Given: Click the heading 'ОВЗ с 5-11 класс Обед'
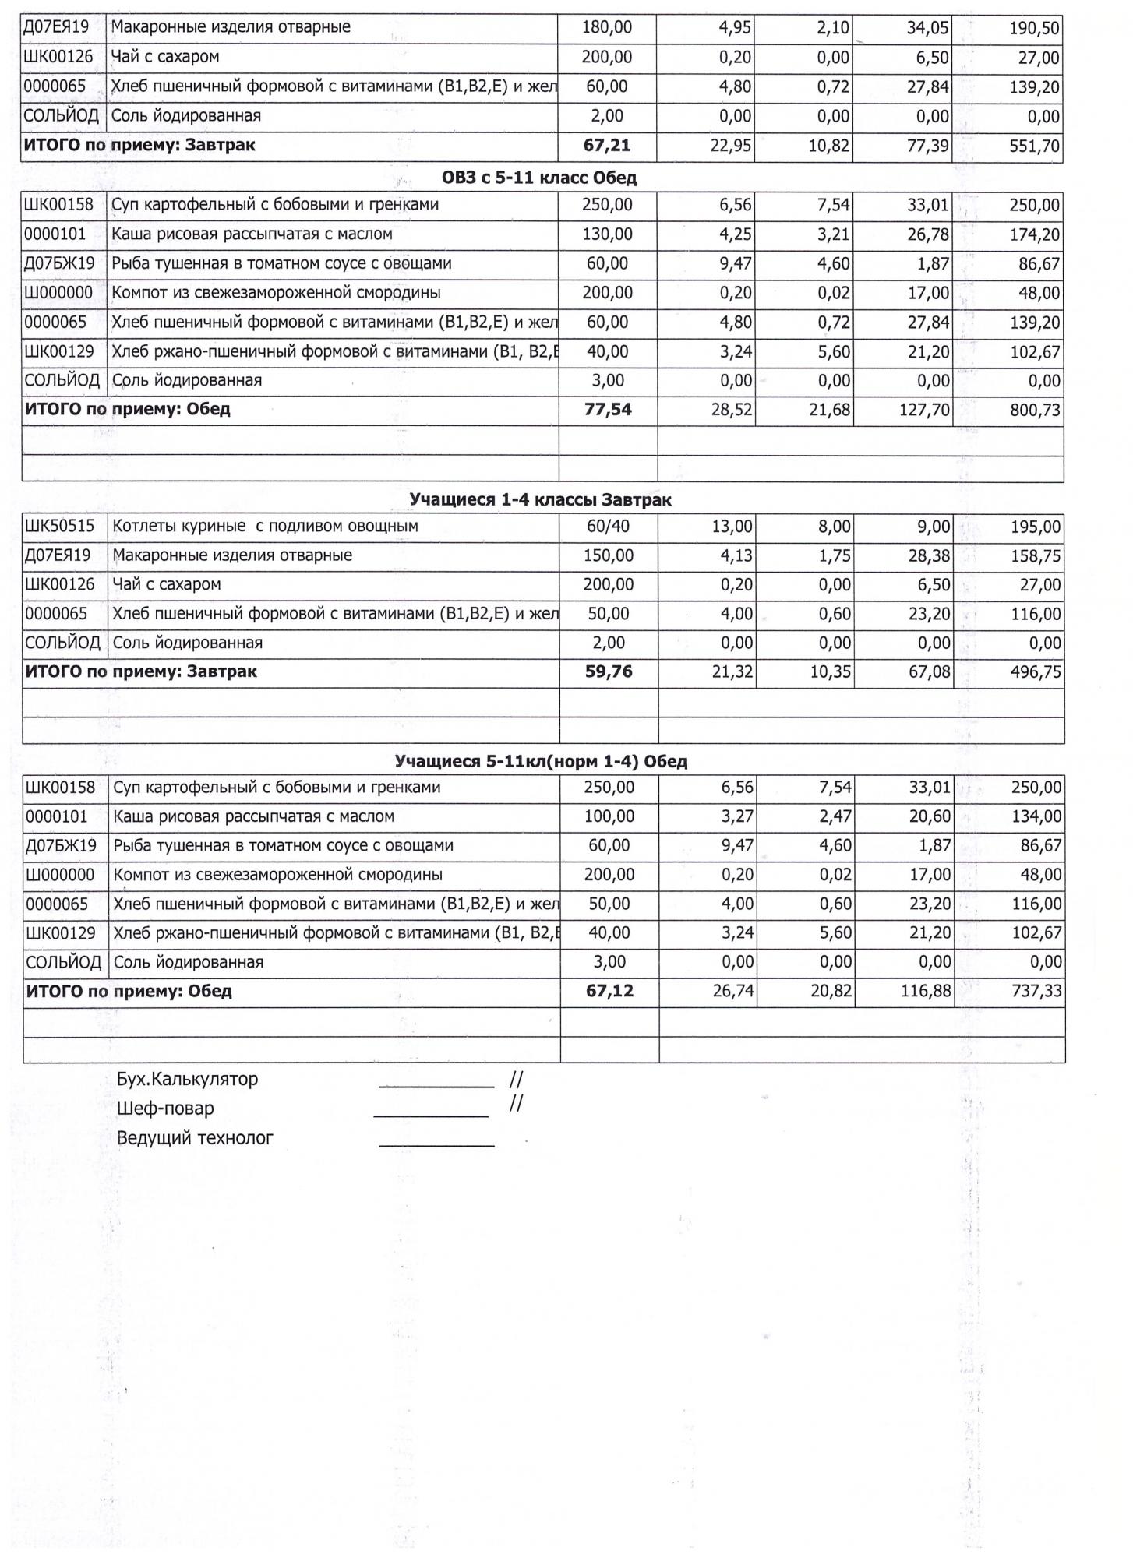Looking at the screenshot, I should coord(538,178).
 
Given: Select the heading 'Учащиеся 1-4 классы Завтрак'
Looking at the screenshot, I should coord(540,500).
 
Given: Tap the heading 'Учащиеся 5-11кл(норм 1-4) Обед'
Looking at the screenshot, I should coord(541,762).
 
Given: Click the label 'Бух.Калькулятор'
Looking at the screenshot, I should coord(187,1080).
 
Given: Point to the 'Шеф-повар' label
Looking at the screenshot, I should coord(165,1109).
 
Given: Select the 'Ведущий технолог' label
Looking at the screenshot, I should coord(195,1138).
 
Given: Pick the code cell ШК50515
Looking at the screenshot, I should coord(60,527).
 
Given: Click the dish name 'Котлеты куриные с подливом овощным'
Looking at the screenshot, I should coord(266,527).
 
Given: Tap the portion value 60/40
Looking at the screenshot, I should coord(608,527).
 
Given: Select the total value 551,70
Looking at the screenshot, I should coord(1034,146).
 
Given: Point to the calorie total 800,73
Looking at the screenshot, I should coord(1035,411).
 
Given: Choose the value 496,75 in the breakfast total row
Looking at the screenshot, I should coord(1036,672).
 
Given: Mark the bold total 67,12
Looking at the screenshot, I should coord(609,992).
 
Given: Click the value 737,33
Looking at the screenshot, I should coord(1036,992).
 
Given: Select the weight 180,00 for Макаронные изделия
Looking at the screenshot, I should coord(607,28).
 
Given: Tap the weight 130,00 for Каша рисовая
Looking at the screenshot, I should coord(608,234).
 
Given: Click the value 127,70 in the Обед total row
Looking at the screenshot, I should coord(924,411).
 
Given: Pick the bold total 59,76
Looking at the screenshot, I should coord(609,672).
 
